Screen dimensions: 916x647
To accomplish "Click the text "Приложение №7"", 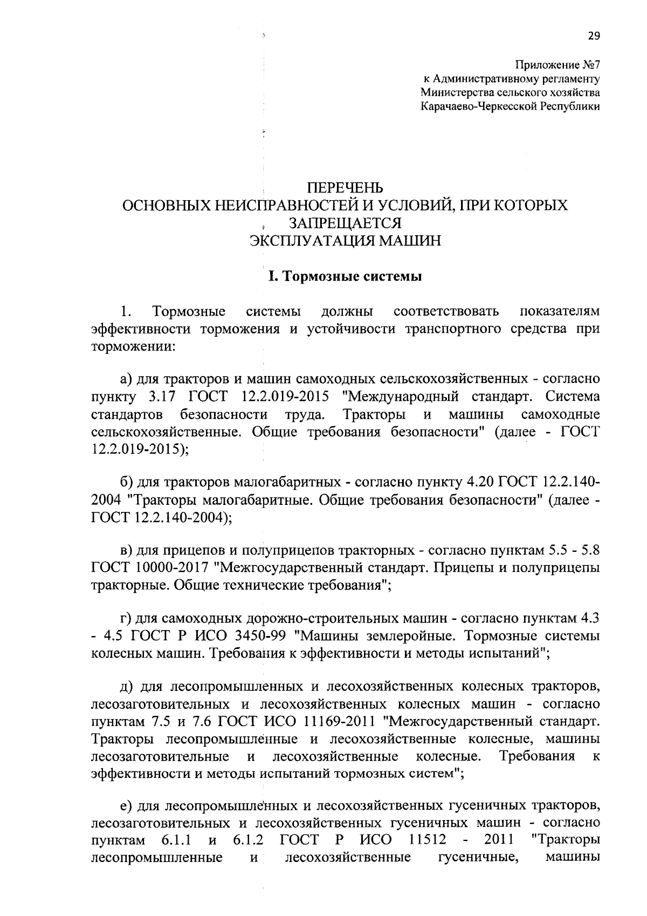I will point(557,65).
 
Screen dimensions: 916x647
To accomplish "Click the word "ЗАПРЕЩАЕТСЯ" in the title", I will point(345,223).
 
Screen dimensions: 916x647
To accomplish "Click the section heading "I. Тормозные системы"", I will point(345,277).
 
